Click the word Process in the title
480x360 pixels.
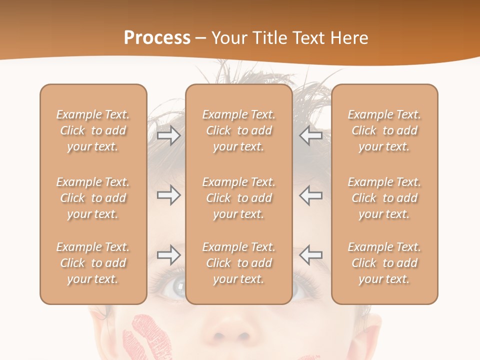[x=157, y=38]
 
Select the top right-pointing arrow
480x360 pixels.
[x=168, y=135]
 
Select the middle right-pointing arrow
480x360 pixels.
[x=168, y=195]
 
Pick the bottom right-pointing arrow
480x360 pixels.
[x=168, y=255]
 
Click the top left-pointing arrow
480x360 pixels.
[x=311, y=135]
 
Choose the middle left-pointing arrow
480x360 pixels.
[x=311, y=195]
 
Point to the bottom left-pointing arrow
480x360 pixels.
[x=311, y=255]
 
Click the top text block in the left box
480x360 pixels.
[x=93, y=130]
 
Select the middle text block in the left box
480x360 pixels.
[x=93, y=198]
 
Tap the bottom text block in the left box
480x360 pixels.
[x=93, y=263]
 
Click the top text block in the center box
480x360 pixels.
[x=238, y=130]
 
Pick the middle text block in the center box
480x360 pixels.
[x=238, y=198]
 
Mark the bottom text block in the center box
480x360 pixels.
[x=238, y=263]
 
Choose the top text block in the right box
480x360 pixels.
[x=384, y=130]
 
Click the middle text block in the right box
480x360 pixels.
[x=384, y=198]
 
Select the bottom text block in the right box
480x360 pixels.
[x=384, y=263]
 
